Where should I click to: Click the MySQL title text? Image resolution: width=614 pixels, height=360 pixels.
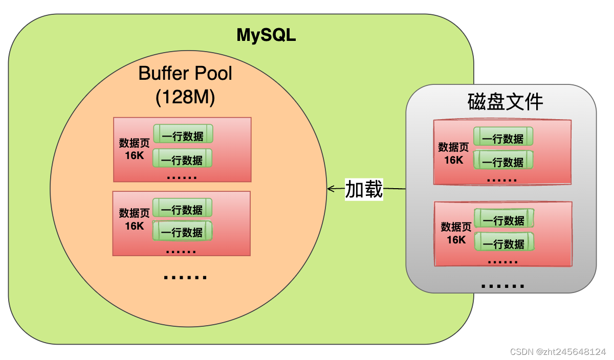pyautogui.click(x=266, y=35)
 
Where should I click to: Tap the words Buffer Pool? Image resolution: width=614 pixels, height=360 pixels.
pyautogui.click(x=185, y=74)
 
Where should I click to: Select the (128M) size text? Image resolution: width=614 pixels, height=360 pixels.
pyautogui.click(x=185, y=97)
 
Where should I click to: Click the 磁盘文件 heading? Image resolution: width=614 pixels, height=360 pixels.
pyautogui.click(x=505, y=102)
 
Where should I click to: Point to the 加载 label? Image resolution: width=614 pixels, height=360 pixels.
pyautogui.click(x=364, y=189)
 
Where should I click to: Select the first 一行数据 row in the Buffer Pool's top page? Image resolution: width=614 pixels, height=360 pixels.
pyautogui.click(x=183, y=136)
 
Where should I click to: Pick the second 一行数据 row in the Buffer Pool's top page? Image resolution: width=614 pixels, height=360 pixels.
pyautogui.click(x=183, y=160)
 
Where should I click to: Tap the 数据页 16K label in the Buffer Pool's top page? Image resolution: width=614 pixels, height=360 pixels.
pyautogui.click(x=134, y=148)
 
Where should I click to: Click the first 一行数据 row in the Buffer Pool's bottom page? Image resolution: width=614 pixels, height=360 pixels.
pyautogui.click(x=183, y=209)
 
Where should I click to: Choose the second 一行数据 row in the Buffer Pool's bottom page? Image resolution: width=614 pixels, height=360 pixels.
pyautogui.click(x=183, y=232)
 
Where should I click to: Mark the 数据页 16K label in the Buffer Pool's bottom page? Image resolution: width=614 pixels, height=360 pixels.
pyautogui.click(x=134, y=219)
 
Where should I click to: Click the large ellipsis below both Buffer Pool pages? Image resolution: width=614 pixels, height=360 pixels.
pyautogui.click(x=185, y=277)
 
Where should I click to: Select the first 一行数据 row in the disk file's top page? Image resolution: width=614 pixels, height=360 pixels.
pyautogui.click(x=503, y=138)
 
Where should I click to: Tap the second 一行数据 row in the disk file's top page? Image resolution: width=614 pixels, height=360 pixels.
pyautogui.click(x=503, y=162)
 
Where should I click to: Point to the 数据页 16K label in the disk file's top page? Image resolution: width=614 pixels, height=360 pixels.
pyautogui.click(x=453, y=153)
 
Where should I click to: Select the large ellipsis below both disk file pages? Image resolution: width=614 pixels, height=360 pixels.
pyautogui.click(x=503, y=285)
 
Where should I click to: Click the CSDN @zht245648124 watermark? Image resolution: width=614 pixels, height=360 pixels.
pyautogui.click(x=558, y=352)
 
